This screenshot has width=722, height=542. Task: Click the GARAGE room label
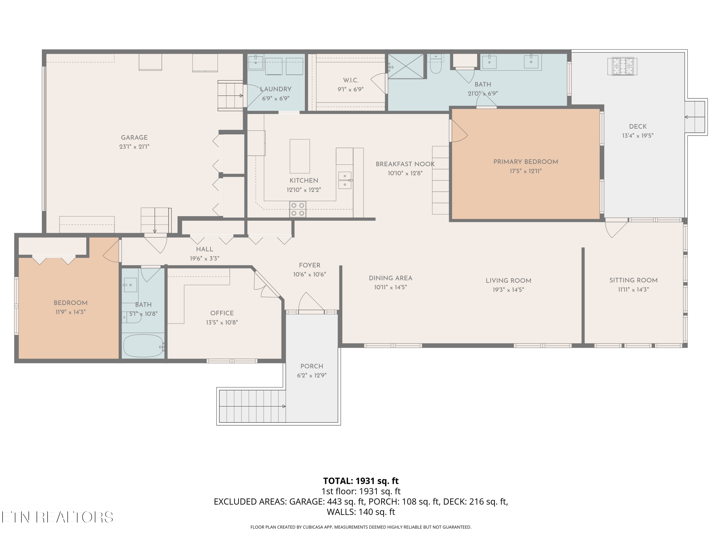pos(134,138)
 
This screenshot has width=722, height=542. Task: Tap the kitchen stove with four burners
pos(298,209)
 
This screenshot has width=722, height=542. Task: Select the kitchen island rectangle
pos(300,156)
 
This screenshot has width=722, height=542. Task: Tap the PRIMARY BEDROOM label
pos(526,162)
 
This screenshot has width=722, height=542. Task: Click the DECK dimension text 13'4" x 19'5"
pos(638,136)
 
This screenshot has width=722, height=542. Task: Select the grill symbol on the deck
pos(622,66)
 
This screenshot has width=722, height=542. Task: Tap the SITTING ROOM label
pos(633,280)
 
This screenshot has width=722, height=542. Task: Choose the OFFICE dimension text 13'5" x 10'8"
pos(222,323)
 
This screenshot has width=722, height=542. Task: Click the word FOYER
pos(309,265)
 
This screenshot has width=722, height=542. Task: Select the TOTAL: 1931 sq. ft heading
pos(361,481)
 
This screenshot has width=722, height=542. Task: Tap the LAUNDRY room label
pos(276,89)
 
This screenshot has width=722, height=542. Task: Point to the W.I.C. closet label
pos(351,80)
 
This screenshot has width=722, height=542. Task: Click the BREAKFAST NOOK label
pos(405,164)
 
